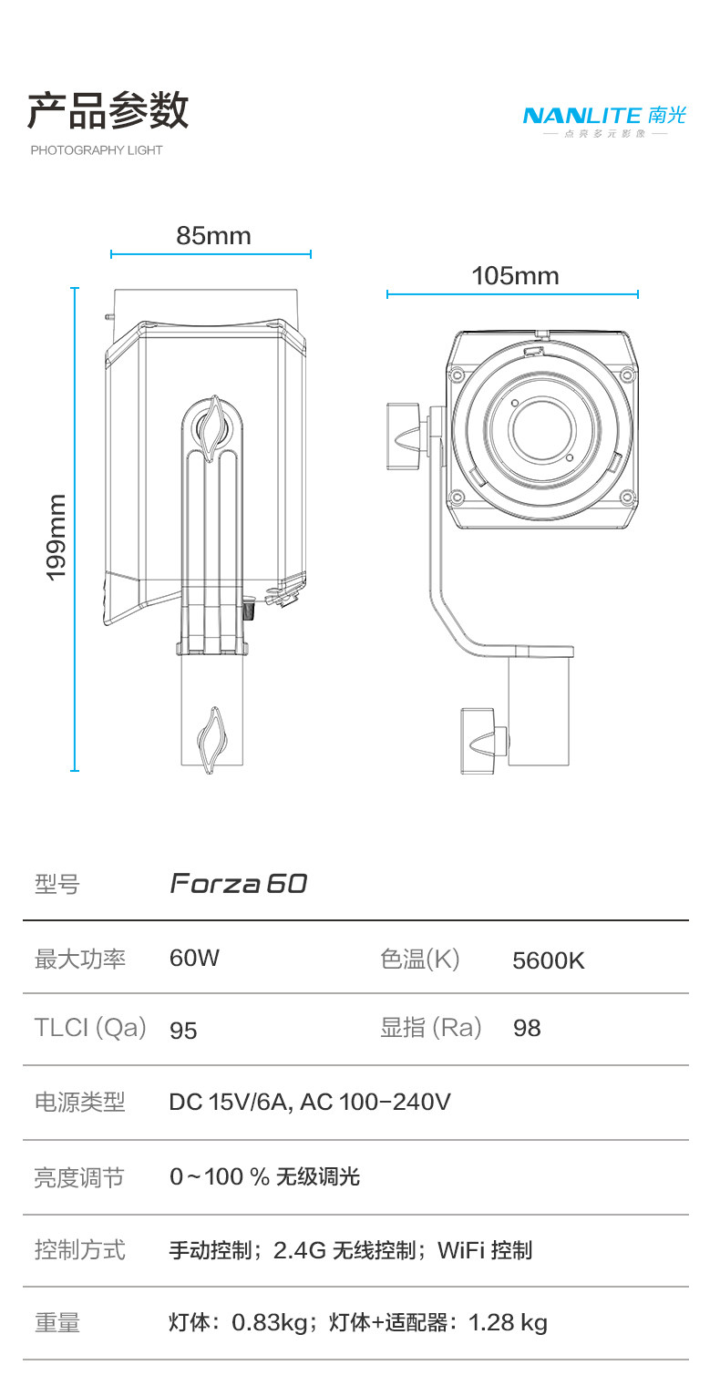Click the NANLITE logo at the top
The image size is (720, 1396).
(603, 117)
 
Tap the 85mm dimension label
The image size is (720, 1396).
(213, 236)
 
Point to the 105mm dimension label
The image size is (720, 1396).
(515, 275)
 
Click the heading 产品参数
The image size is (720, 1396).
(108, 111)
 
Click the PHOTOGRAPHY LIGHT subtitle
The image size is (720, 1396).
(97, 150)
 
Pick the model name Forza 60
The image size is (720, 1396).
(239, 883)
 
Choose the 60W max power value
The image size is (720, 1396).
(194, 959)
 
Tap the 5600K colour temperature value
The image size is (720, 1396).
(549, 960)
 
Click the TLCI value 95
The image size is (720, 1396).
(183, 1030)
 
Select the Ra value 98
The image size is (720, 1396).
(527, 1029)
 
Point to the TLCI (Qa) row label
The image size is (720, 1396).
(90, 1028)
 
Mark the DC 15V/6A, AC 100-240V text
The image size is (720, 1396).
(310, 1103)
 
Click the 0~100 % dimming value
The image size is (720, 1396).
(220, 1176)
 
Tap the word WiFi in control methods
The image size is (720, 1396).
(460, 1250)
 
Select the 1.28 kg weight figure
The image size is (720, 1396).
(508, 1322)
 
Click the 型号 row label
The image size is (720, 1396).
(57, 883)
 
